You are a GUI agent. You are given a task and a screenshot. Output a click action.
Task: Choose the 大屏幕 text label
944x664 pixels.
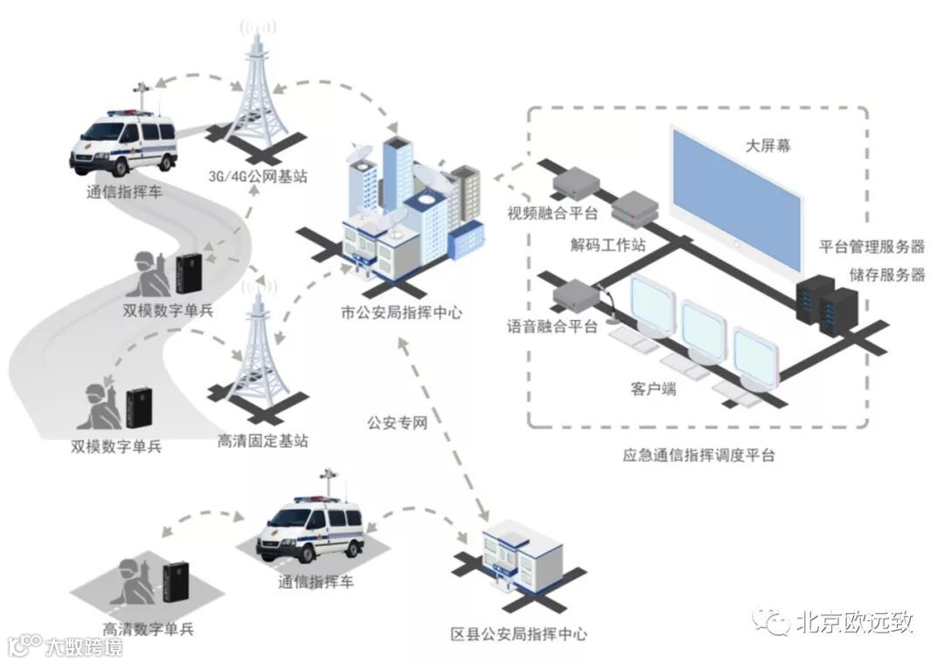tap(769, 146)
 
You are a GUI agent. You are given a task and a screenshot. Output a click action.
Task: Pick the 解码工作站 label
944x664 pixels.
tap(608, 245)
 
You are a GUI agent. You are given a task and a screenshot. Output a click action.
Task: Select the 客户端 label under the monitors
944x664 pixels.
tap(653, 388)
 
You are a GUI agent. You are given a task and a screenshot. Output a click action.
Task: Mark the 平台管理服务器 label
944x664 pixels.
tap(871, 246)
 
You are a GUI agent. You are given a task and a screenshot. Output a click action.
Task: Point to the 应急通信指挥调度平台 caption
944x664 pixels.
tap(698, 455)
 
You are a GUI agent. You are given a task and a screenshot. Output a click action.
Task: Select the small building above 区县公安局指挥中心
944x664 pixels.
tap(518, 560)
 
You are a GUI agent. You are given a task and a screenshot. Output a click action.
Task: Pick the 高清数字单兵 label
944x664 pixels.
tap(148, 628)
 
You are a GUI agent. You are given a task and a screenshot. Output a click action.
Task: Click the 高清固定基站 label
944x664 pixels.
tap(262, 441)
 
